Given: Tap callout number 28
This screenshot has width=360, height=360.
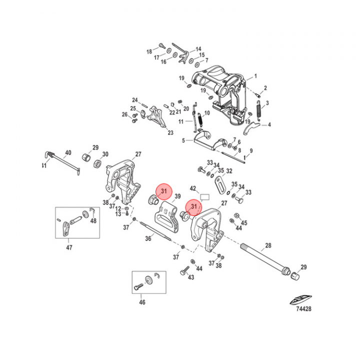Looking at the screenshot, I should click(x=267, y=245).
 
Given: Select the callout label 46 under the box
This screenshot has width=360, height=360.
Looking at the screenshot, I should click(x=142, y=302).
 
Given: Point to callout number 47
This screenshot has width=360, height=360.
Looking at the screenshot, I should click(x=69, y=247).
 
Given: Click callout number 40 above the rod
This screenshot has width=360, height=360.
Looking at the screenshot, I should click(x=68, y=152).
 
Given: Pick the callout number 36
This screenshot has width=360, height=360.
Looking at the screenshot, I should click(x=148, y=239).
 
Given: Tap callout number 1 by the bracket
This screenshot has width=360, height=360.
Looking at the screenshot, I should click(x=255, y=76).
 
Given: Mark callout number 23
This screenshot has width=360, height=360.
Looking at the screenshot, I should click(x=170, y=133).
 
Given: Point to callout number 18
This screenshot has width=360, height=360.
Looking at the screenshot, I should click(x=149, y=51).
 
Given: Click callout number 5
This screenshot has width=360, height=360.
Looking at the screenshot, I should click(x=183, y=140).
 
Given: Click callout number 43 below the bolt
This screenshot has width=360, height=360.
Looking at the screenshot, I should click(x=190, y=277).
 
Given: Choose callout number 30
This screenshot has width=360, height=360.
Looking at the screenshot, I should click(x=105, y=153).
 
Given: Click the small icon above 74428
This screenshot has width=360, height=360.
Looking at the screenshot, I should click(x=299, y=298).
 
